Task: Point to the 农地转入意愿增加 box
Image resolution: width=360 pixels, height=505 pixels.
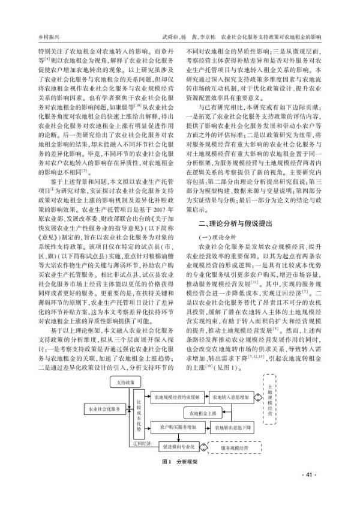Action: click(x=231, y=398)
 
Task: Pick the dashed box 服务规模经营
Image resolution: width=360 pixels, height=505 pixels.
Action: click(x=236, y=448)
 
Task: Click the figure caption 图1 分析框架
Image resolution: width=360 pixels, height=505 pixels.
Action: click(x=179, y=463)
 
